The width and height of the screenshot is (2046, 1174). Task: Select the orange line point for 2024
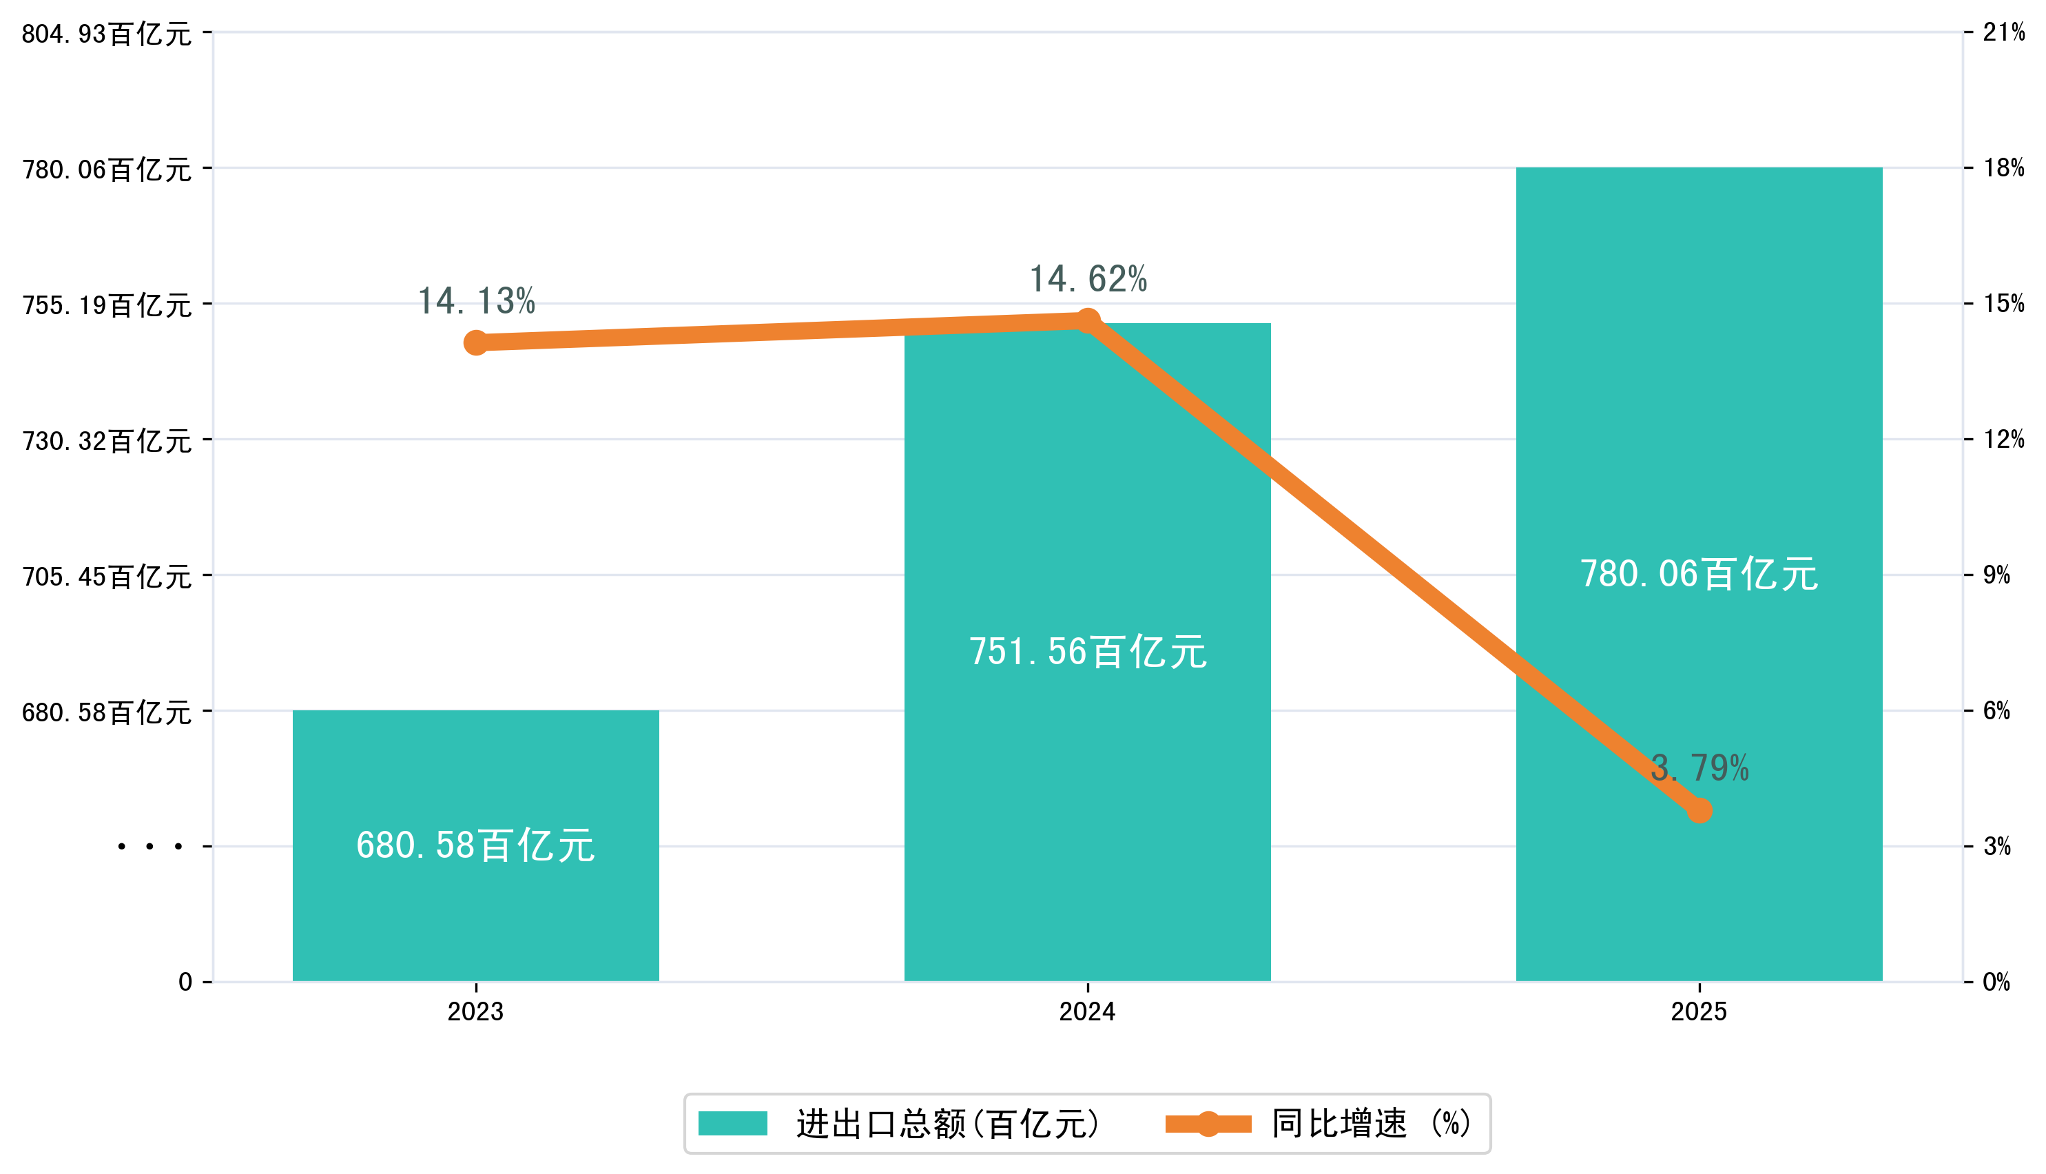1088,322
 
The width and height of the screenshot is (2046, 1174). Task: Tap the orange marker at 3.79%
1699,810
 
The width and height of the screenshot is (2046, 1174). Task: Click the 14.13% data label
477,302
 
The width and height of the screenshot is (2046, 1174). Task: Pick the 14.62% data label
1088,279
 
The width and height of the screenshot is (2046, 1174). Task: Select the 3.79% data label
1699,768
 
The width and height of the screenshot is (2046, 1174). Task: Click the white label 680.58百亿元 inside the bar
475,845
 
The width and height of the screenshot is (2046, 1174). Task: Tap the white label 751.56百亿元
1088,652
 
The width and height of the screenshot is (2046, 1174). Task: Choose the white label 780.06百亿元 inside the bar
1699,574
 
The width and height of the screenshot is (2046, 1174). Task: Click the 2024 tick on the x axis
1088,1011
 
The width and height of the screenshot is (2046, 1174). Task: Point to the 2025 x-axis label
1699,1011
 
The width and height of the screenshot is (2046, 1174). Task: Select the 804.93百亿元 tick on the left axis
106,34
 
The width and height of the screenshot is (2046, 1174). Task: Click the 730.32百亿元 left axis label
106,441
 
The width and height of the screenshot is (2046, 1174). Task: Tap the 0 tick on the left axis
185,982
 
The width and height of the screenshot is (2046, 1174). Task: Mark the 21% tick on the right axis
2003,32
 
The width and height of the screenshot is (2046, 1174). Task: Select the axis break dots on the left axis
150,847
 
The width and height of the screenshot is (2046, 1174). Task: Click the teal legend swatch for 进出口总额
732,1123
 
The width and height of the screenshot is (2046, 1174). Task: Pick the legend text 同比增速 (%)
1370,1123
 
